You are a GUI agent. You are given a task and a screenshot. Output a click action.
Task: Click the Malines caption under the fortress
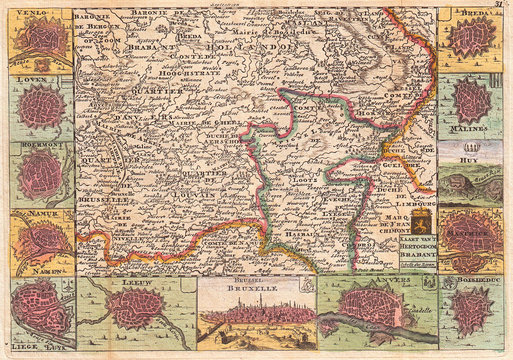pos(469,130)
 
